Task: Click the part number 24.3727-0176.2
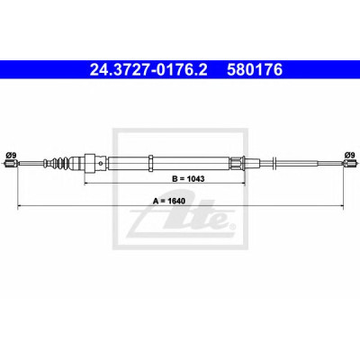click(x=148, y=70)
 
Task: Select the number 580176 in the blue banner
click(x=255, y=70)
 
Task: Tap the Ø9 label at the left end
click(x=11, y=155)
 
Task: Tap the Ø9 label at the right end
click(x=349, y=155)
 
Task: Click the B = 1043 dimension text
click(x=188, y=179)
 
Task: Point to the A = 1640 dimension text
click(x=169, y=201)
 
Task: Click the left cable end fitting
click(x=10, y=164)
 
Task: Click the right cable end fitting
click(x=349, y=164)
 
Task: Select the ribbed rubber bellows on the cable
click(x=61, y=163)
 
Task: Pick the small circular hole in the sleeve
click(x=101, y=164)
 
